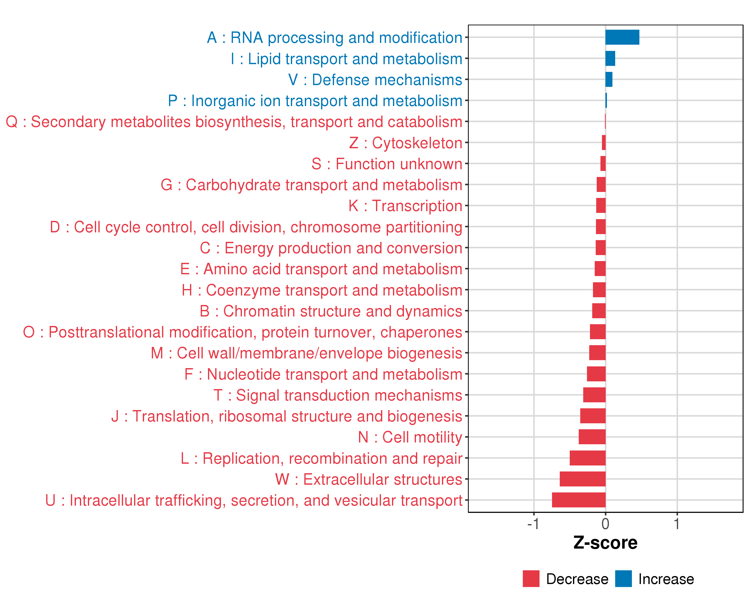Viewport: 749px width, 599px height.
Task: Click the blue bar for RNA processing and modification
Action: [622, 37]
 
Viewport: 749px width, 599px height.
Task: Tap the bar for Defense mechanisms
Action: [609, 80]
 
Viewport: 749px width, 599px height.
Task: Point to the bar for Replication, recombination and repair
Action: [587, 458]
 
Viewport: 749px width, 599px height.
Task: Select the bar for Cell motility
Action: [592, 437]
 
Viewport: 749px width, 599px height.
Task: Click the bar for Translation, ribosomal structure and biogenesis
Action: [593, 416]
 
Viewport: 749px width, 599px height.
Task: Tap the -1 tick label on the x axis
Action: [533, 524]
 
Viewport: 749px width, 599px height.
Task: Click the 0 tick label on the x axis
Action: [605, 524]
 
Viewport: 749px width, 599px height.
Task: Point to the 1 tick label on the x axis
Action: [677, 524]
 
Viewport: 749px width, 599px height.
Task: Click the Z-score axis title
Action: [605, 543]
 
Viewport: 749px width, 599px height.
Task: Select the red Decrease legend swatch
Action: [531, 579]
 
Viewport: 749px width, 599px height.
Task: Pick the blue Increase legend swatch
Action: [623, 579]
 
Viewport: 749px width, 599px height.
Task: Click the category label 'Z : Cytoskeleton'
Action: [405, 143]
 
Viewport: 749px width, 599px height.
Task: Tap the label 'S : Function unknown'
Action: [387, 164]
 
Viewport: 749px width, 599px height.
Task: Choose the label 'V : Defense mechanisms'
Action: [375, 80]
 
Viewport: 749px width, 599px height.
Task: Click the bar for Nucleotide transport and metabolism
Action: [596, 374]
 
